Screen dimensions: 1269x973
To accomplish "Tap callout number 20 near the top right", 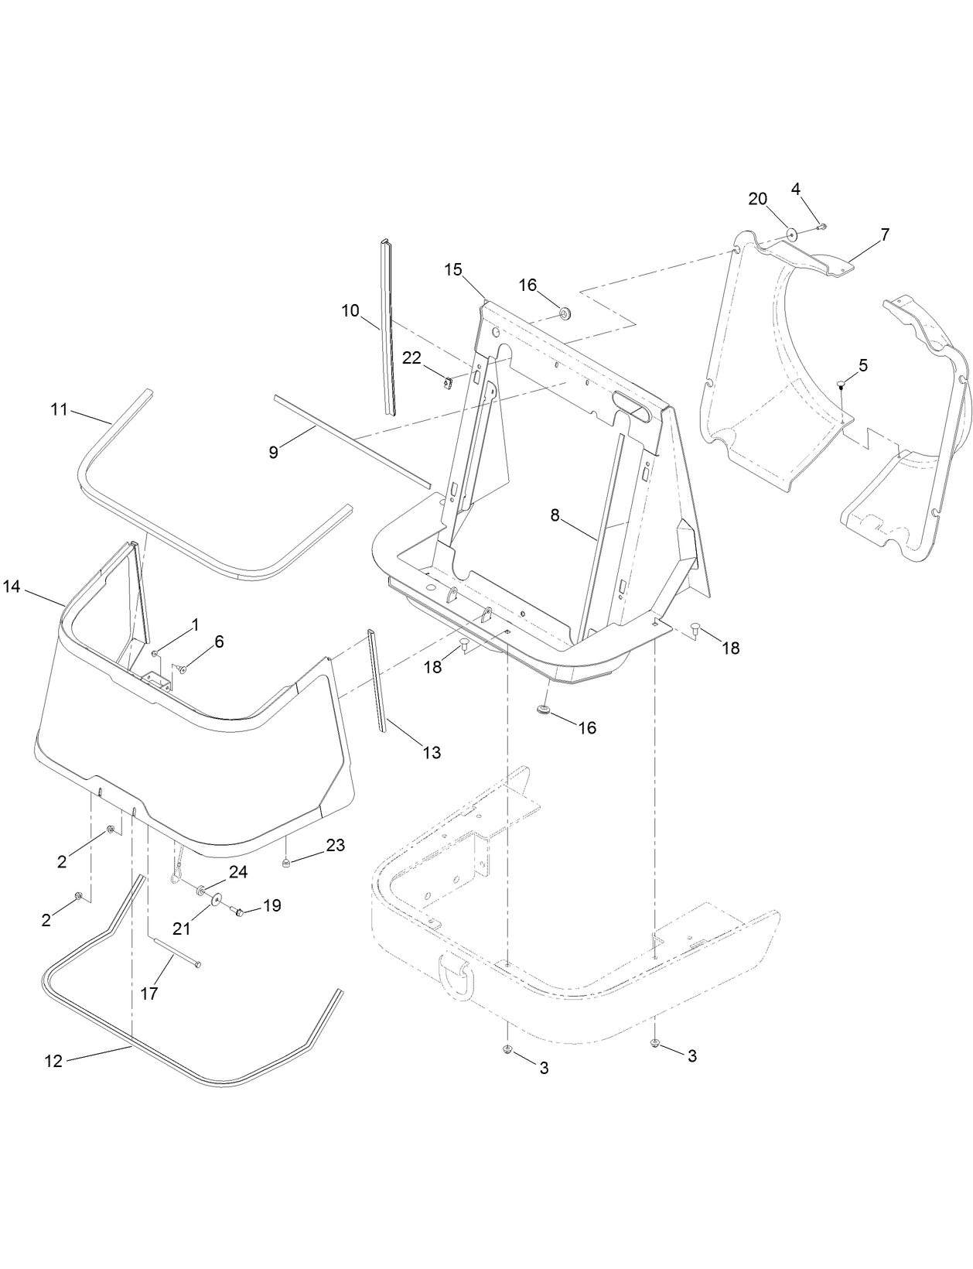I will click(x=757, y=199).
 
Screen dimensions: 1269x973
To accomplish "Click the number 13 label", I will click(x=431, y=751).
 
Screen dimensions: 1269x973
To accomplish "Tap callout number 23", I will click(x=335, y=845).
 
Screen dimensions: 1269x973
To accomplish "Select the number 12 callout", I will click(x=53, y=1062).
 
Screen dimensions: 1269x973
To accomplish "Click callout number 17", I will click(x=149, y=993).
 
